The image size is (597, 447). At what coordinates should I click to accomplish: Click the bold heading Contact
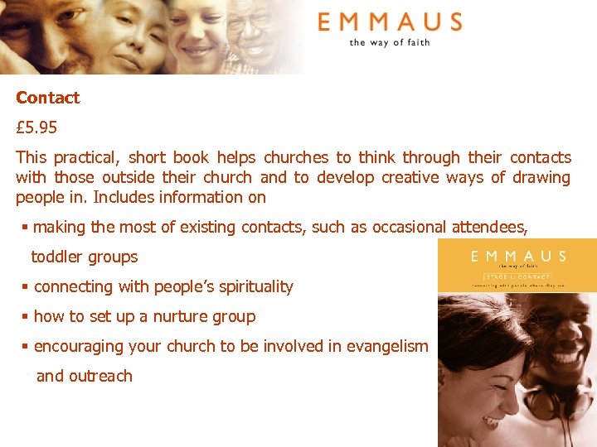coord(48,98)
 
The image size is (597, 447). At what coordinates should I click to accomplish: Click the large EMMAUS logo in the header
coord(390,22)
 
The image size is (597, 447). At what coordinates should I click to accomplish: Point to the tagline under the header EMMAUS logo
coord(390,42)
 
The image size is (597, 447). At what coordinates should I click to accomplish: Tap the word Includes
coord(124,197)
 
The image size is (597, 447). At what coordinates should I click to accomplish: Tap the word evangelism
coord(384,346)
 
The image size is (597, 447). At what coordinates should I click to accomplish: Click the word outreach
coord(100,376)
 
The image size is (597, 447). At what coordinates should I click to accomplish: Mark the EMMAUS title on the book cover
coord(517,256)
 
